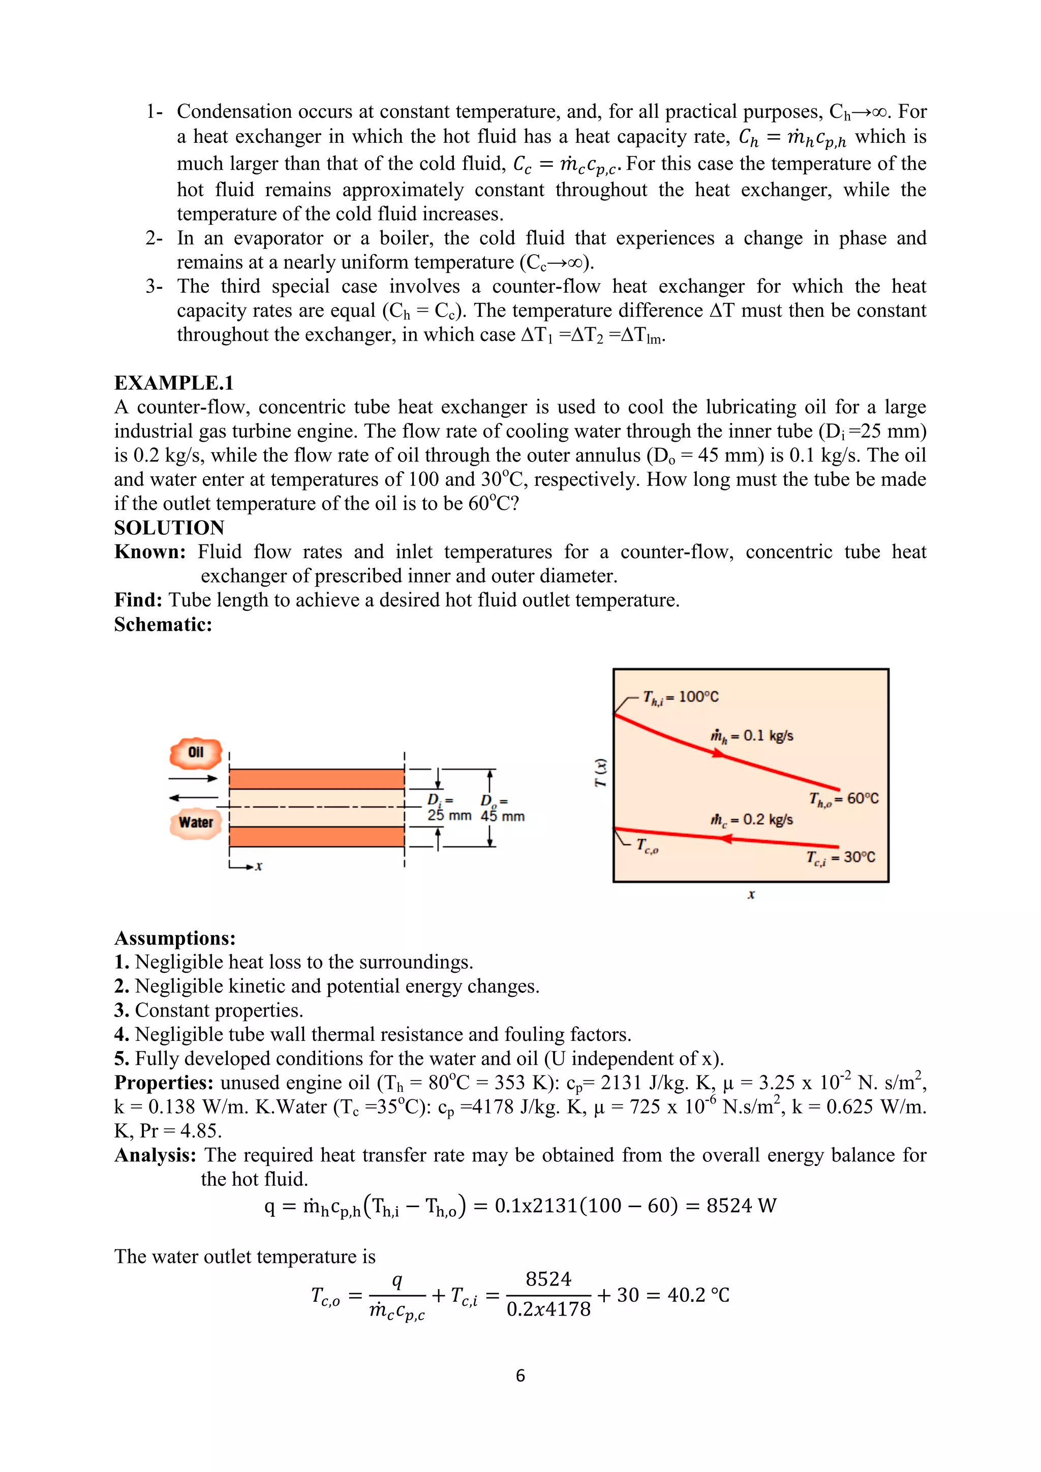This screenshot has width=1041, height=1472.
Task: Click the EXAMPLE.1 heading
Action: click(174, 383)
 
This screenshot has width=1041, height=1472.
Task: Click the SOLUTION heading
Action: click(169, 528)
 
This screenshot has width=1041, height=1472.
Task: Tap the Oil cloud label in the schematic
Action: click(196, 753)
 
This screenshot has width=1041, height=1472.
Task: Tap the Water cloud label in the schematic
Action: click(196, 822)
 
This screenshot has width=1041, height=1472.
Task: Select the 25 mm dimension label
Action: click(449, 815)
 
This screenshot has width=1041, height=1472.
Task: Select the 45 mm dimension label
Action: click(503, 816)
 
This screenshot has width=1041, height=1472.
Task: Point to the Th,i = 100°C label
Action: click(681, 697)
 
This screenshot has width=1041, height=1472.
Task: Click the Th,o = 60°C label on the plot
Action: click(844, 799)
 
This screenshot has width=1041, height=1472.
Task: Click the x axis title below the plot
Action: click(751, 895)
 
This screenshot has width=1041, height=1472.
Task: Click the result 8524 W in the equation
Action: click(741, 1206)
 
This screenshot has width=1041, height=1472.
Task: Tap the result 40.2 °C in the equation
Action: click(698, 1295)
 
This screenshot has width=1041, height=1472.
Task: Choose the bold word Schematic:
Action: click(163, 625)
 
